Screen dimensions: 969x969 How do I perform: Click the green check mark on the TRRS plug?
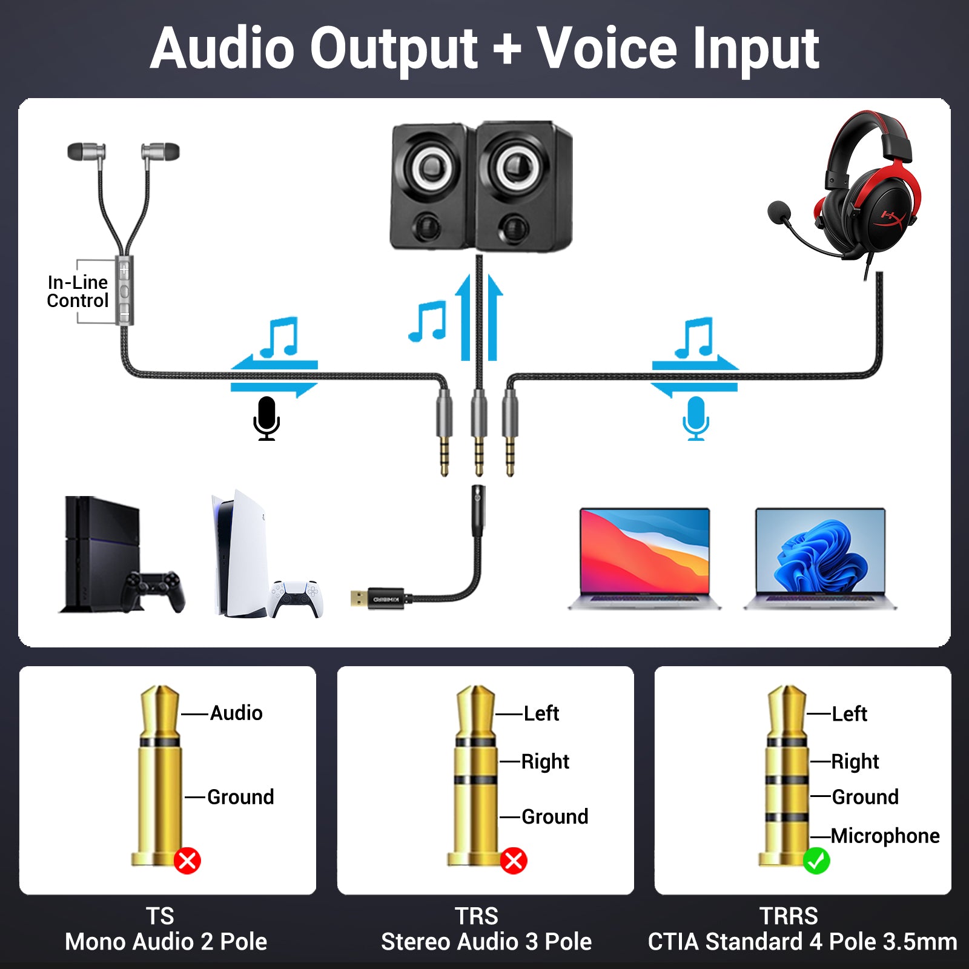816,861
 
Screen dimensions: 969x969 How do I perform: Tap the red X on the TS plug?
187,861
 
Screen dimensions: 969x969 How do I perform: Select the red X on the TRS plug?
514,861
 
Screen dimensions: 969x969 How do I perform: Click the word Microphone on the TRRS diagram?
885,836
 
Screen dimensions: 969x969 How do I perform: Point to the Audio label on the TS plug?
236,713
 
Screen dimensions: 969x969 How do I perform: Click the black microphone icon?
266,418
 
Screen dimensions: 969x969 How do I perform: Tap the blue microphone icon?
696,418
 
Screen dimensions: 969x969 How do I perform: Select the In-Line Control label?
78,291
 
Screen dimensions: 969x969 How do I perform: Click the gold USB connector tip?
358,598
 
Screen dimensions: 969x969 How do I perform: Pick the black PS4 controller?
154,590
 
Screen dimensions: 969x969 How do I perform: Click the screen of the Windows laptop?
820,551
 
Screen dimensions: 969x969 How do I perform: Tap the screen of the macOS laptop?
644,551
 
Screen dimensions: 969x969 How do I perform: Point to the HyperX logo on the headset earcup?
892,217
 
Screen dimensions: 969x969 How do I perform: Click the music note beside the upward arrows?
428,321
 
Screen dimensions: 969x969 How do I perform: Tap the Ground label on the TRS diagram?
554,817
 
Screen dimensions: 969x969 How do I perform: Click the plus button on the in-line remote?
124,269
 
